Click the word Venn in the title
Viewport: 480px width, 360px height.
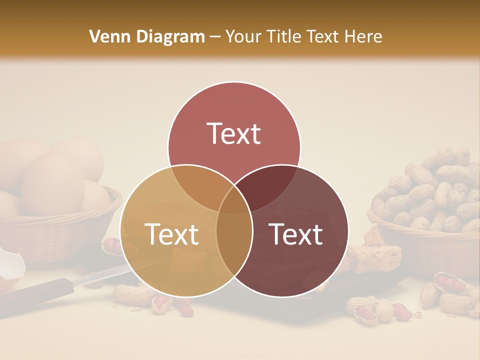(106, 36)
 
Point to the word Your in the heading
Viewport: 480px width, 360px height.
(243, 36)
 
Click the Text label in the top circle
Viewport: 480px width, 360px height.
(234, 133)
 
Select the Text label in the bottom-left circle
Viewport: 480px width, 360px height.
(171, 234)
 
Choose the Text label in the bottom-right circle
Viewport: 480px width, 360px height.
(296, 234)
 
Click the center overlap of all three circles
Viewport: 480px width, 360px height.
(234, 197)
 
